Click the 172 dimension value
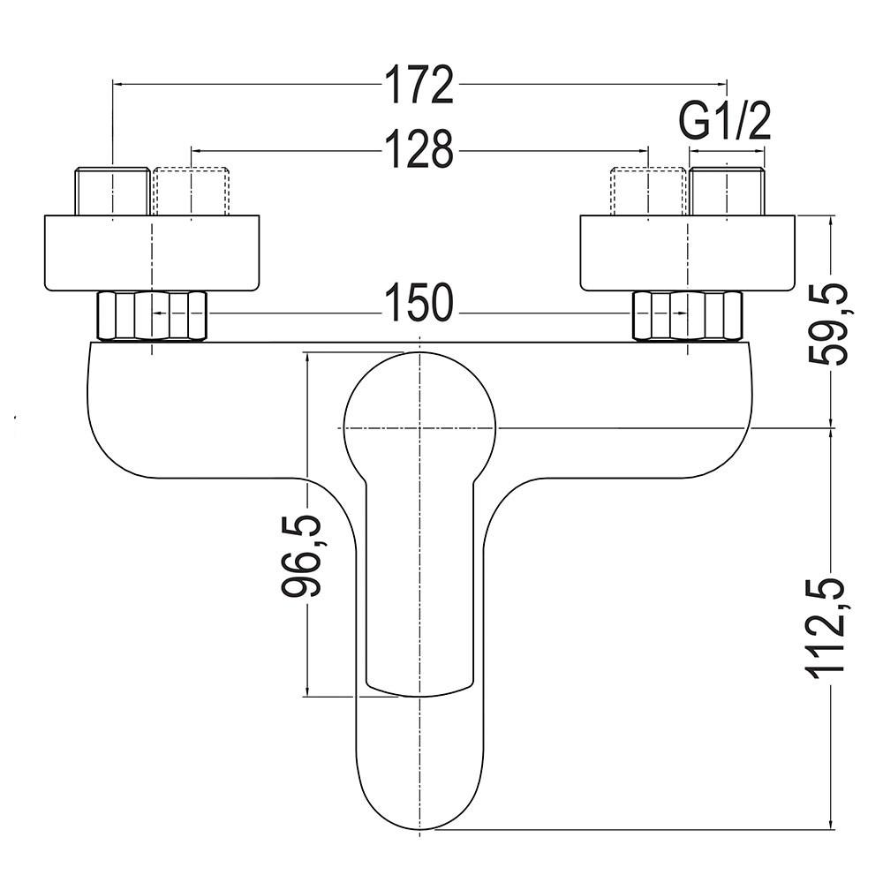(x=419, y=85)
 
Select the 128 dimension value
(x=419, y=149)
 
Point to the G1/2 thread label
(x=724, y=122)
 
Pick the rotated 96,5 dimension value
(x=301, y=555)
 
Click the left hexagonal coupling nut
(x=153, y=316)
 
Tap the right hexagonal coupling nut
(x=688, y=316)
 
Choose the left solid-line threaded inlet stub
(x=113, y=191)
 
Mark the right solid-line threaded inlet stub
(x=727, y=191)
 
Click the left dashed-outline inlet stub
(x=192, y=191)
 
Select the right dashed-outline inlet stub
(x=648, y=191)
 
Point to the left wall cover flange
(x=152, y=253)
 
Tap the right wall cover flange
(x=688, y=253)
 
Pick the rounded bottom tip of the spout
(x=419, y=829)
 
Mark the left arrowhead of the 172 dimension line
(x=119, y=85)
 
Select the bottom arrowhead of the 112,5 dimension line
(x=833, y=823)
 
